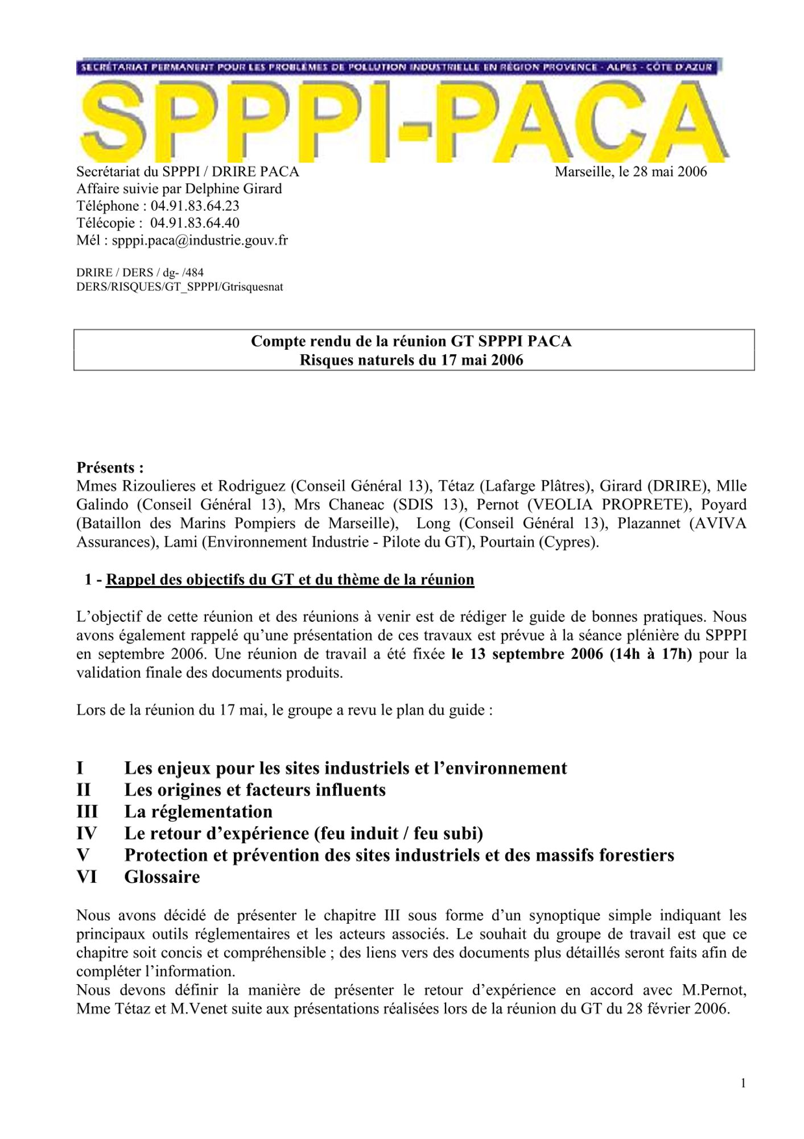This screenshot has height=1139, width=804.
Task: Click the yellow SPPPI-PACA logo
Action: click(x=403, y=122)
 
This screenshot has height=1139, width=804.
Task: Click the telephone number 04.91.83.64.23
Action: click(x=195, y=206)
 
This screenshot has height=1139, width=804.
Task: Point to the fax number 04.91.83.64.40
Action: click(x=195, y=223)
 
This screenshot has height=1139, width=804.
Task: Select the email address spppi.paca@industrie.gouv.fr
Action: click(x=200, y=240)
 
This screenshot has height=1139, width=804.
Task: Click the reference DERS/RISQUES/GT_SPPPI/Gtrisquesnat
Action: click(x=179, y=287)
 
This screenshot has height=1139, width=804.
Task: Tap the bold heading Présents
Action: click(x=110, y=468)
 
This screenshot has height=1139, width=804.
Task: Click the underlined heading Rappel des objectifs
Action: click(x=290, y=580)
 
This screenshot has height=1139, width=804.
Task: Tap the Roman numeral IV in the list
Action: click(x=86, y=833)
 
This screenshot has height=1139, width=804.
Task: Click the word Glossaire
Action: click(x=162, y=876)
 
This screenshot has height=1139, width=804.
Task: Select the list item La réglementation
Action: click(x=198, y=812)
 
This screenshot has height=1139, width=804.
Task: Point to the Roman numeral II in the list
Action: click(x=84, y=790)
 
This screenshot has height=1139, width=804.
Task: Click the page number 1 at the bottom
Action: click(x=743, y=1083)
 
